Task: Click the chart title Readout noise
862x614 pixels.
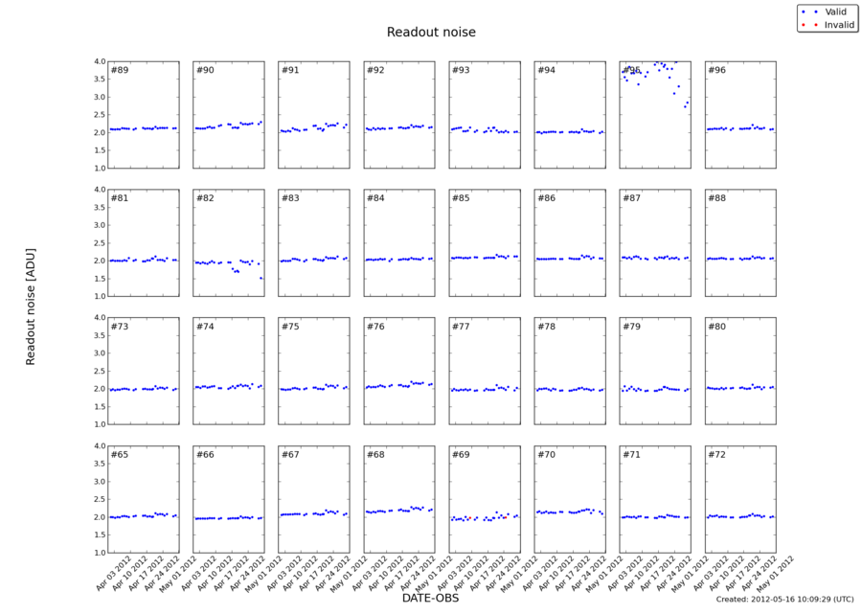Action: click(x=431, y=33)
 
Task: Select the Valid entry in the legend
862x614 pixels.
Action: click(x=832, y=11)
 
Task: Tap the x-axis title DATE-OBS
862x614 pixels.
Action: click(x=431, y=599)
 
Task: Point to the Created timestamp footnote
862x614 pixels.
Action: click(x=784, y=600)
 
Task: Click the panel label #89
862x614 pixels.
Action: click(x=120, y=71)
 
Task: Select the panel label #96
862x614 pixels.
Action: click(x=717, y=71)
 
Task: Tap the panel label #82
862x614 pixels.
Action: click(x=205, y=198)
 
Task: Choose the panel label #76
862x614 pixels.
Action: click(x=375, y=327)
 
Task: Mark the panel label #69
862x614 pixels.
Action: click(x=461, y=454)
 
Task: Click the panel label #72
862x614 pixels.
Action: click(x=717, y=454)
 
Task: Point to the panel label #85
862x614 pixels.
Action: click(x=461, y=198)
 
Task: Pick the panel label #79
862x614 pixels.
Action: click(x=632, y=327)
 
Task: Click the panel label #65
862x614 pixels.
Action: click(x=120, y=454)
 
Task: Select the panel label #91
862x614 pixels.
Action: click(x=290, y=71)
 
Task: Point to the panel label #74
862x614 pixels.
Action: click(x=205, y=327)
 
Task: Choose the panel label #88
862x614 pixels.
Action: click(x=717, y=198)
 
